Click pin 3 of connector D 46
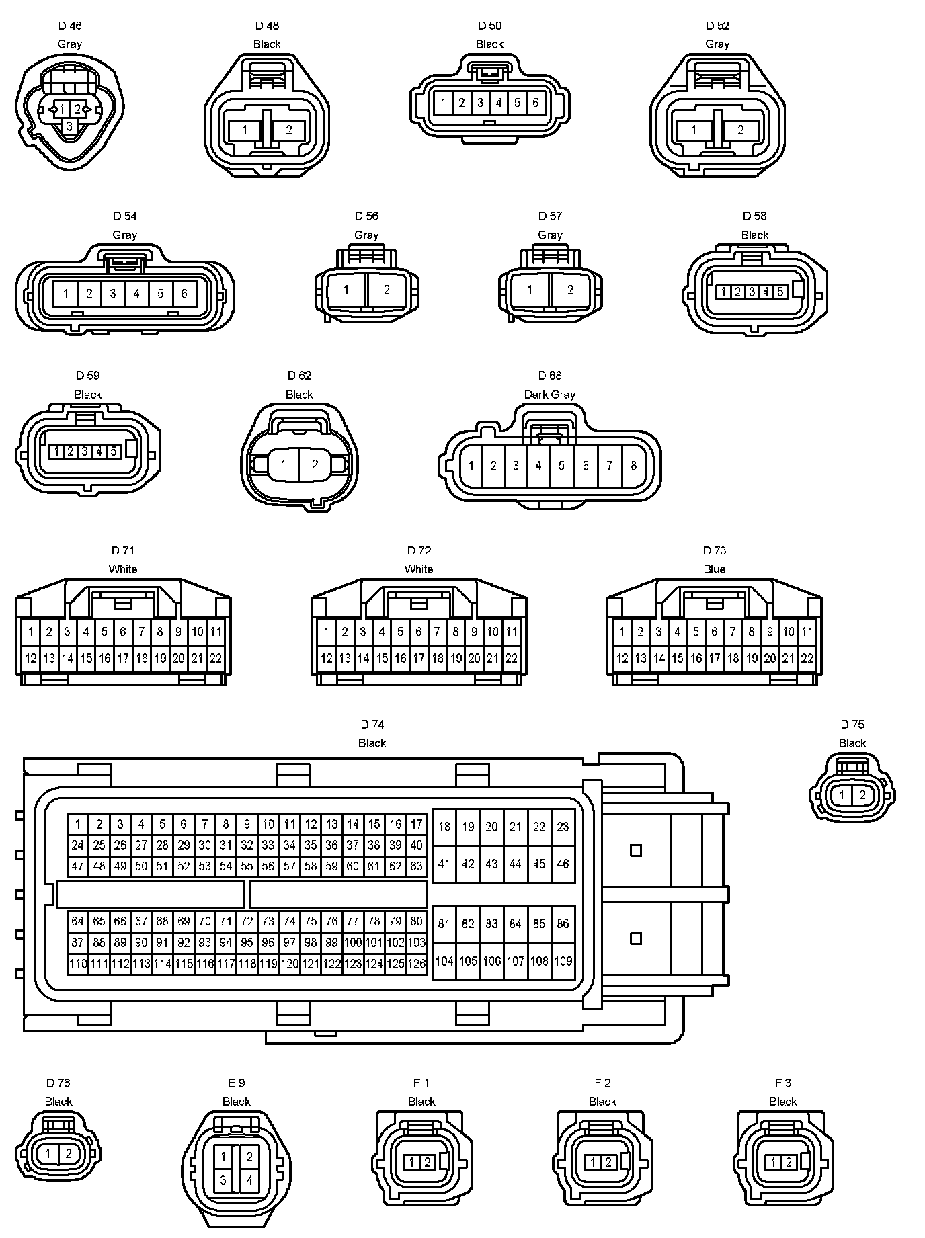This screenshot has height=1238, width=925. coord(69,126)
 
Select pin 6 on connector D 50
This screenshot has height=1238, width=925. coord(536,103)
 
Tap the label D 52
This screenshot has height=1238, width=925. coord(717,26)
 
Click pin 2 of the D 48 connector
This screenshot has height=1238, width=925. coord(289,130)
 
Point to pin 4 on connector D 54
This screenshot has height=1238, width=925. coord(136,293)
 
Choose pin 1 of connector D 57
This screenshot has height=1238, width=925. coord(530,290)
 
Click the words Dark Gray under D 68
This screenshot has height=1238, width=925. coord(549,394)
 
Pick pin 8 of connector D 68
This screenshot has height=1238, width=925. coord(633,465)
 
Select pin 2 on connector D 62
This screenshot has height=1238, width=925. coord(315,464)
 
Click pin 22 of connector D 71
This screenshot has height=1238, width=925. coord(215,658)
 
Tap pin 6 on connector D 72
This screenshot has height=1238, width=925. coord(418,632)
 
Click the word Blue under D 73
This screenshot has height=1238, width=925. coord(714,569)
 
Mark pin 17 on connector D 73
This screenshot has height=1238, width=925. coord(714,658)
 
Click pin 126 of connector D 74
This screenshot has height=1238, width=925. coord(417,964)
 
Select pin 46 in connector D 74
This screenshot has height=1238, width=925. coord(563,864)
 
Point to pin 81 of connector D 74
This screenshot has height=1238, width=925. coord(444,923)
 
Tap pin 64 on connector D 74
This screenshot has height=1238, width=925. coord(78,921)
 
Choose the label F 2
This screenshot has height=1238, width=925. coord(602,1082)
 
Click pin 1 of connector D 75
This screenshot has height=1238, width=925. coord(842,795)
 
